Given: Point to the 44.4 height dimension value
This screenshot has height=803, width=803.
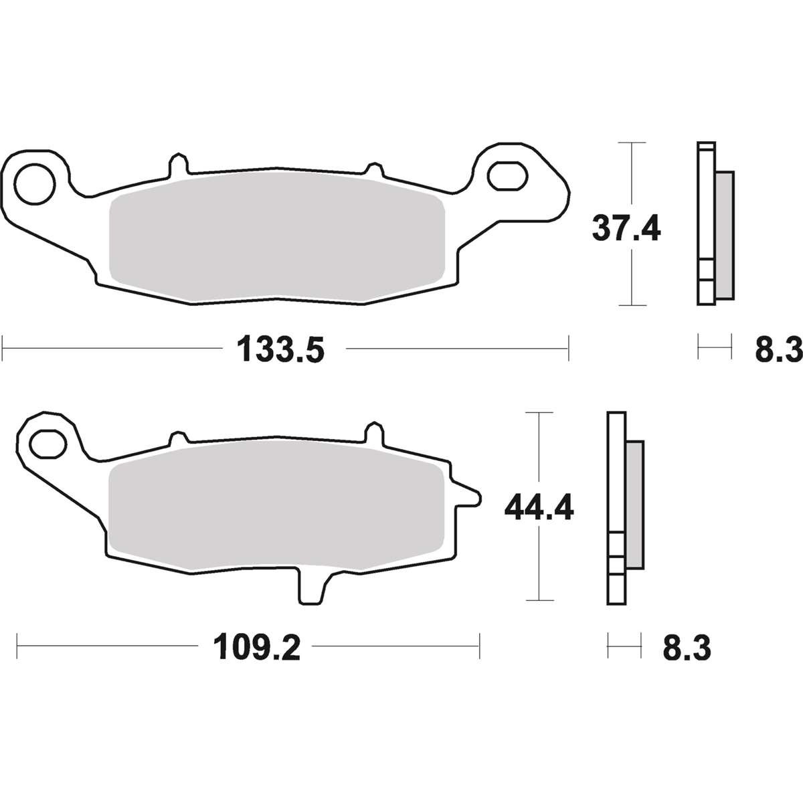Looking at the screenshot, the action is [x=539, y=507].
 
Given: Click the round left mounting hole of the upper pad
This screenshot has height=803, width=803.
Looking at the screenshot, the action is [x=35, y=185].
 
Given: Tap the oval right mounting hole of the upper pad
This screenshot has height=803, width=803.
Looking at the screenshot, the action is [x=507, y=176].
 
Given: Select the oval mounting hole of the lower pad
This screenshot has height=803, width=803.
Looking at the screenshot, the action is [x=49, y=444].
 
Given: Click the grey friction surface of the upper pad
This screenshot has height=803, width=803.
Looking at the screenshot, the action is [x=276, y=239].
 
